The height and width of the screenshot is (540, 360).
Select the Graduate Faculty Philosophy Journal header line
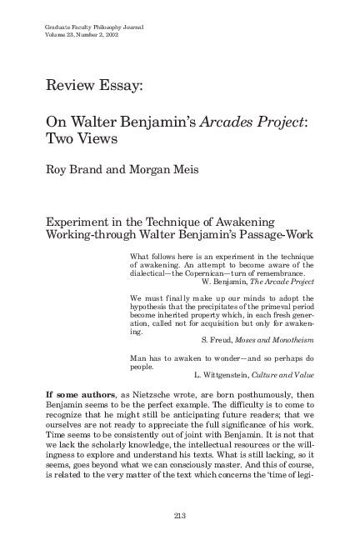coord(93,27)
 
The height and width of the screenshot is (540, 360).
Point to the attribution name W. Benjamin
coord(218,283)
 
